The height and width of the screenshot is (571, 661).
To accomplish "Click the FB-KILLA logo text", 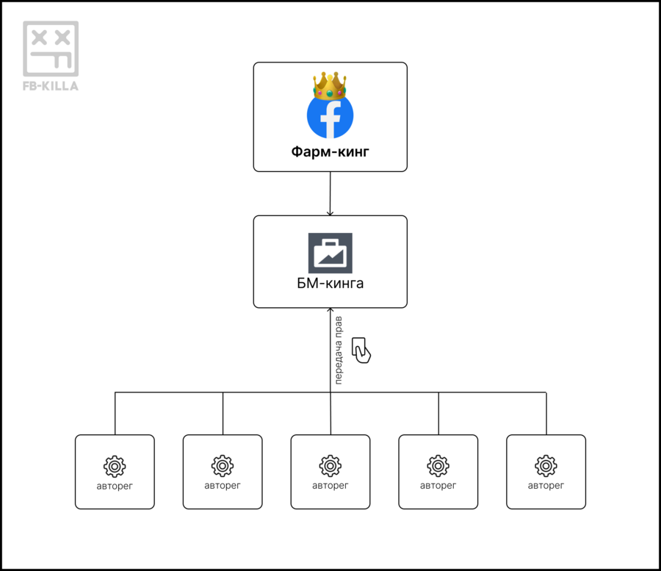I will click(x=51, y=86).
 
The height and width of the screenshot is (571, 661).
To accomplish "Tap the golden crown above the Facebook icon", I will click(x=330, y=85).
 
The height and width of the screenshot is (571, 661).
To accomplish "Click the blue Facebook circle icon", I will click(x=330, y=115).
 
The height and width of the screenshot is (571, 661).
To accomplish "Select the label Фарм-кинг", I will click(x=330, y=153).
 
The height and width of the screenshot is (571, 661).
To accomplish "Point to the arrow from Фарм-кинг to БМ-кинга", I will click(x=330, y=193).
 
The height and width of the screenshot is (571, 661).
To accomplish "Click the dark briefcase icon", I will click(x=330, y=253).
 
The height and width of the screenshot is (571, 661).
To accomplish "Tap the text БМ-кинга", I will click(x=330, y=284).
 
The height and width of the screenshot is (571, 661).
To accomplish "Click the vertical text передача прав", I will click(x=339, y=351).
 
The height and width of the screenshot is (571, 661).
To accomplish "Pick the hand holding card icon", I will click(x=361, y=350).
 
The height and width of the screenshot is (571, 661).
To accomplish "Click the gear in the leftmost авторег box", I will click(x=115, y=466).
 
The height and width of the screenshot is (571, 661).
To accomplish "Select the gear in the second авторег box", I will click(x=223, y=466).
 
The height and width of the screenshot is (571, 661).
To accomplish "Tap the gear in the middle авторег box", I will click(x=330, y=466).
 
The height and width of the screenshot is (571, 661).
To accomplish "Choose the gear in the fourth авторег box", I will click(x=438, y=466).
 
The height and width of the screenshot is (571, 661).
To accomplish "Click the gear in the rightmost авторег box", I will click(x=546, y=466).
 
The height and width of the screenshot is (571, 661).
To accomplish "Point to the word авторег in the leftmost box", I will click(x=115, y=486).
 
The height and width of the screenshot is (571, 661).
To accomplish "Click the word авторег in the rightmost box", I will click(x=546, y=486).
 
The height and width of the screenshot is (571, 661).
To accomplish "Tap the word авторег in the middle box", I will click(x=330, y=486).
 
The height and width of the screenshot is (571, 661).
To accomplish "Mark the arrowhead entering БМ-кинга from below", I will click(x=330, y=312).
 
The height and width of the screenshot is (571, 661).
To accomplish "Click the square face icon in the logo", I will click(x=51, y=48).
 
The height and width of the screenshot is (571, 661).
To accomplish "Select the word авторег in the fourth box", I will click(x=438, y=486).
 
